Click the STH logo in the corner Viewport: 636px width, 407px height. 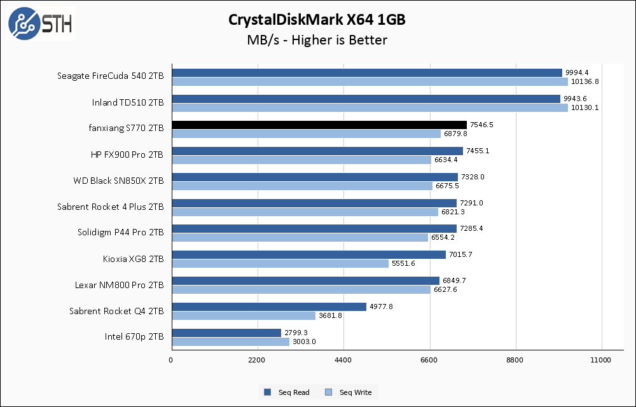(x=40, y=24)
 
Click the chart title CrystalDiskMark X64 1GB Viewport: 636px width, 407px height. (x=317, y=20)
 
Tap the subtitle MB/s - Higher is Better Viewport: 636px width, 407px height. (x=317, y=41)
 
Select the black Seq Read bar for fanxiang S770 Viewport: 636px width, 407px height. (x=319, y=125)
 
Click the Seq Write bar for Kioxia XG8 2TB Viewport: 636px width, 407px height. (x=280, y=263)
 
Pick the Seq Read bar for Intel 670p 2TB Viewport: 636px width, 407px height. (x=226, y=333)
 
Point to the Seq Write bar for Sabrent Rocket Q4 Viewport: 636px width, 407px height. (x=243, y=315)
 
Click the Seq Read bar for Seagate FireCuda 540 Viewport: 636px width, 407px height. (x=366, y=73)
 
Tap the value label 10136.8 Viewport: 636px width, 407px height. (x=585, y=81)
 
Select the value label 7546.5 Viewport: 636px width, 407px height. (x=481, y=125)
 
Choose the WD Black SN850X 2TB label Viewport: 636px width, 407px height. (x=118, y=181)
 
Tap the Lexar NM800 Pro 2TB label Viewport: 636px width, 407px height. (x=119, y=285)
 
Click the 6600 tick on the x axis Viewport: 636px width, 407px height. (x=429, y=361)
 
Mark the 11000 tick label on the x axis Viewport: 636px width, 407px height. (x=600, y=361)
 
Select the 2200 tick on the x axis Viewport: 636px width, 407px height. (x=257, y=361)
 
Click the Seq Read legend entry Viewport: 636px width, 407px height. (x=287, y=392)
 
